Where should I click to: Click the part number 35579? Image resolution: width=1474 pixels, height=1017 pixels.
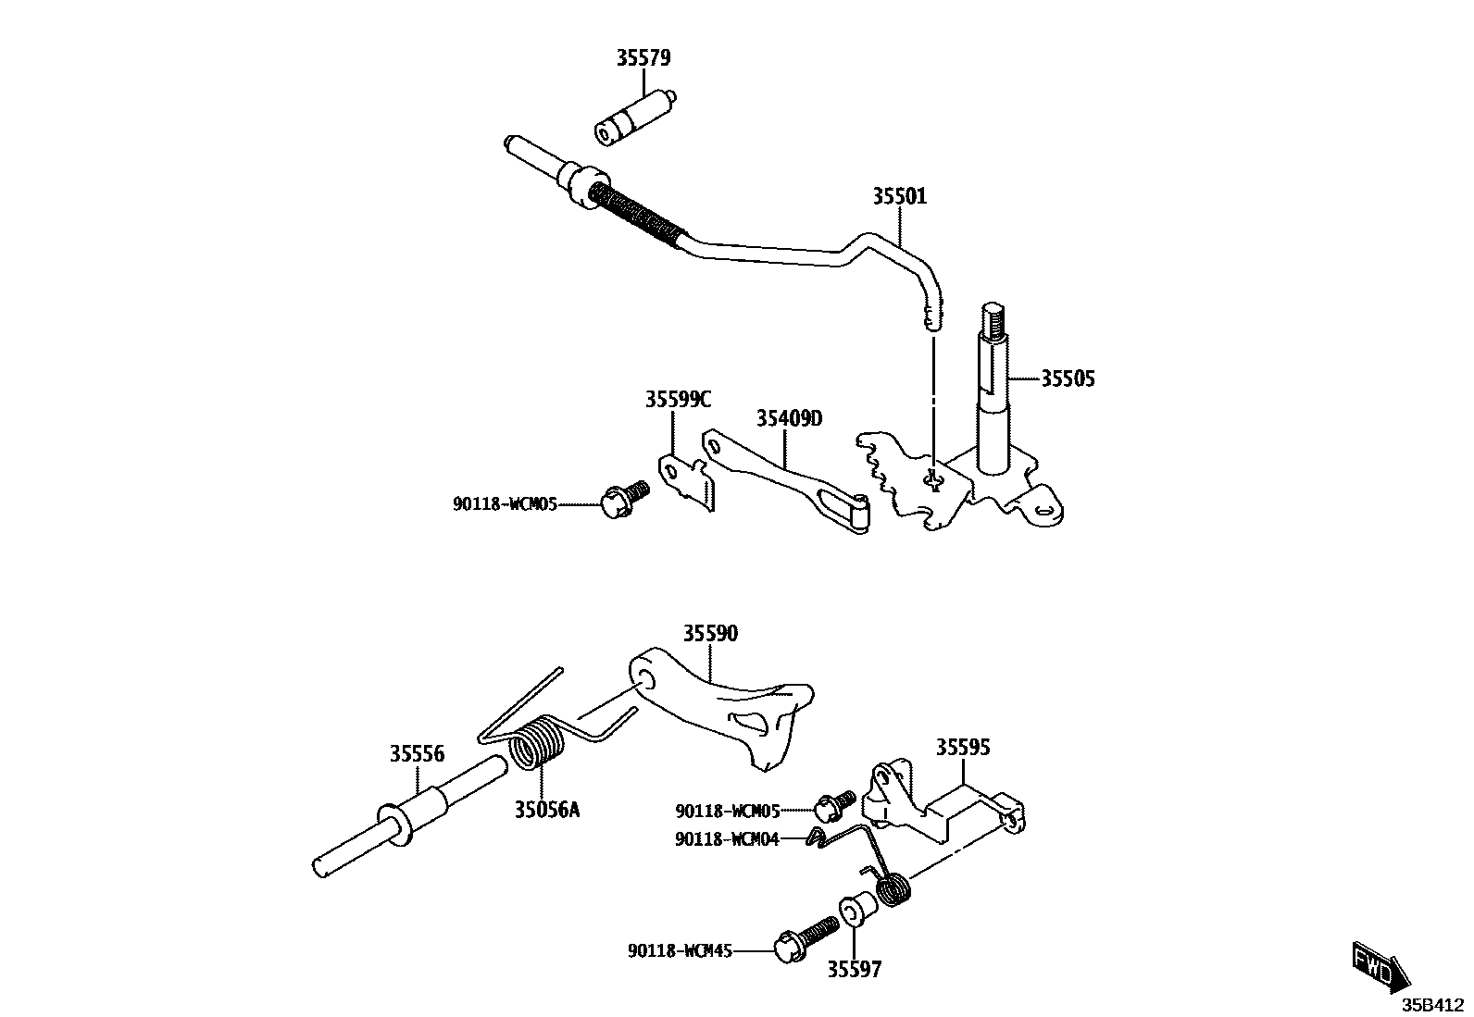(643, 57)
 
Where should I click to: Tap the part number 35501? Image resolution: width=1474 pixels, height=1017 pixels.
(899, 196)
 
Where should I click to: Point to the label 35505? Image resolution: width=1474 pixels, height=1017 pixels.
(1068, 378)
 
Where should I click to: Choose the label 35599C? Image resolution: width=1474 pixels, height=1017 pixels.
(678, 400)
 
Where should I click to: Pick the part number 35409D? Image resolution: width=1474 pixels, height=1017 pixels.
(789, 418)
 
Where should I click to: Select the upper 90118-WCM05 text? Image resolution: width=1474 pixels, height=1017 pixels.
(505, 504)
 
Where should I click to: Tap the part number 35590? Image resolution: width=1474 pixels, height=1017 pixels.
(711, 634)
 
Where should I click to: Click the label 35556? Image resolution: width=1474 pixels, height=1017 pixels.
(417, 754)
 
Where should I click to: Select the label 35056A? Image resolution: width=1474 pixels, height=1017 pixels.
(547, 811)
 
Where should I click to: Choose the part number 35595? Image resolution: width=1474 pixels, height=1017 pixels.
(963, 748)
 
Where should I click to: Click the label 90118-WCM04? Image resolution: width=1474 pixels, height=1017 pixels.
(727, 839)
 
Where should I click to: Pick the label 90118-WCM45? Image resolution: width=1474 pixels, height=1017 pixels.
(681, 950)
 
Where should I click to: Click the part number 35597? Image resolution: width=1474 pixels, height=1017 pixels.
(854, 970)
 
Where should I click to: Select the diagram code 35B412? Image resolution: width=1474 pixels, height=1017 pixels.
(1431, 1004)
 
